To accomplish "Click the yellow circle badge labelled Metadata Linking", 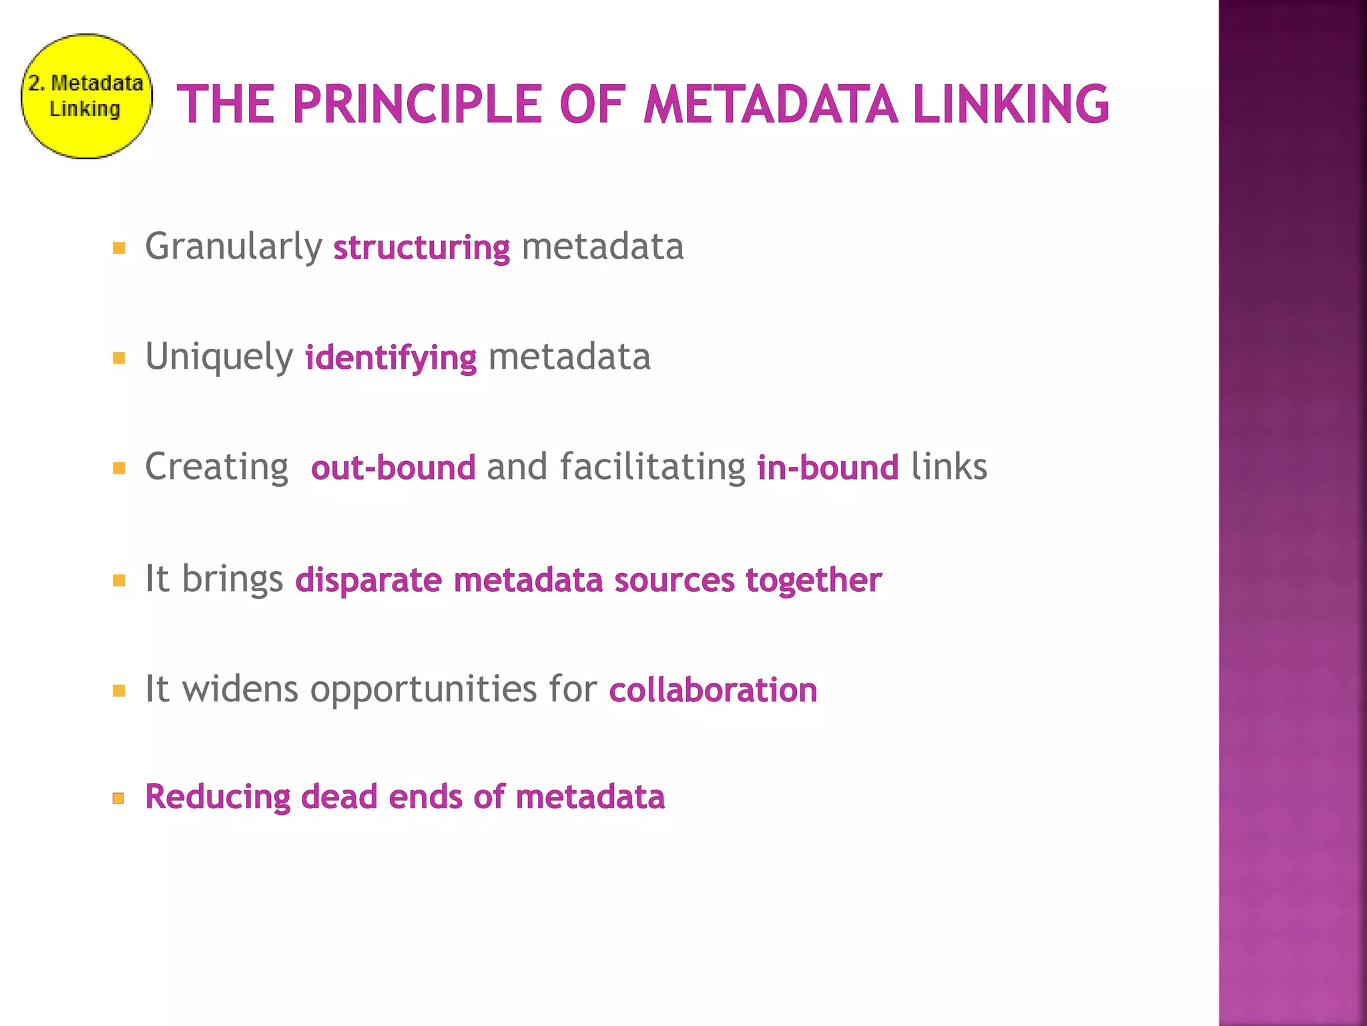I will coord(86,96).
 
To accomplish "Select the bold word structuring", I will coord(421,248).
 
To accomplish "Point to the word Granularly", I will coord(234,246).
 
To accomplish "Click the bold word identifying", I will coord(390,358).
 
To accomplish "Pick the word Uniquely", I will coord(219,357).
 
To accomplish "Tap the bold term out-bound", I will coord(393,468).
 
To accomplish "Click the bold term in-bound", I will coord(828,468).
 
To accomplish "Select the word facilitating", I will coord(652,466).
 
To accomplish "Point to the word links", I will coord(948,466).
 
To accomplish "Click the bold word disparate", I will coord(368,580).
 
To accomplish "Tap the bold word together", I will coord(814,580).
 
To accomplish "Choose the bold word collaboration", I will coord(713,690).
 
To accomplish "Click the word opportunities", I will coord(423,690).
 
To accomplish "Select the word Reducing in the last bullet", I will coord(218,797).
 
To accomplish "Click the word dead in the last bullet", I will coord(339,797).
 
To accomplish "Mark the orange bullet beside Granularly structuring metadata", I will coord(119,248).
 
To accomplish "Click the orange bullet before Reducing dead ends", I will coord(119,798).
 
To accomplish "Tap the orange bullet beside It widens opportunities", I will coord(119,691).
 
